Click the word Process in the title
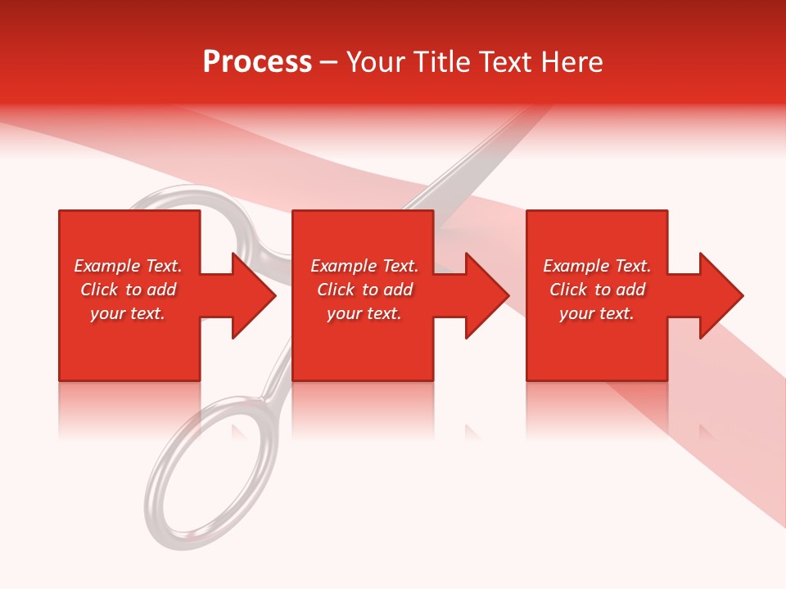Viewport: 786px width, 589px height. (257, 62)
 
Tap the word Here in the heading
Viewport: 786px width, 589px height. (572, 62)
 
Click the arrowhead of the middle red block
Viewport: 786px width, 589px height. (486, 295)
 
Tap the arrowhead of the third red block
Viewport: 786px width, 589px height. (720, 295)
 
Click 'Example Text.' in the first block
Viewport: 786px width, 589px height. (128, 266)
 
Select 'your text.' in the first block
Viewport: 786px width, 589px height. (128, 313)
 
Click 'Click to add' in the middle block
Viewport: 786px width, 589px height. (364, 290)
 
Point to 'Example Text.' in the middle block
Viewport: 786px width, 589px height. (364, 266)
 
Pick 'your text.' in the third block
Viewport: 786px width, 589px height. (597, 313)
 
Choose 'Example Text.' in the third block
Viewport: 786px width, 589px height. (597, 266)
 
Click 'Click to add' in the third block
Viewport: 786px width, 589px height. (597, 290)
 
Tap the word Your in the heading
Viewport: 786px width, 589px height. (375, 62)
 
